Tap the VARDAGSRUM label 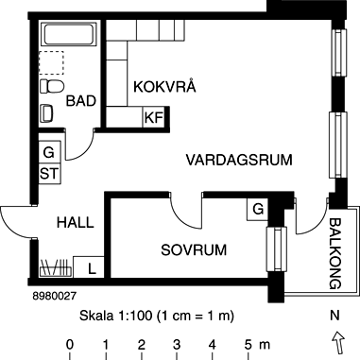click(x=237, y=159)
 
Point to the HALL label click(x=75, y=223)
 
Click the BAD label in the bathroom click(x=81, y=102)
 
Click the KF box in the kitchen click(x=152, y=118)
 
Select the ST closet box click(x=49, y=173)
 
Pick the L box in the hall click(x=91, y=267)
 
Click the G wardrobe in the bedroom click(x=256, y=208)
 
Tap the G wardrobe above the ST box click(x=49, y=152)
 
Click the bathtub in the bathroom click(x=69, y=38)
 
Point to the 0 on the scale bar click(x=70, y=343)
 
